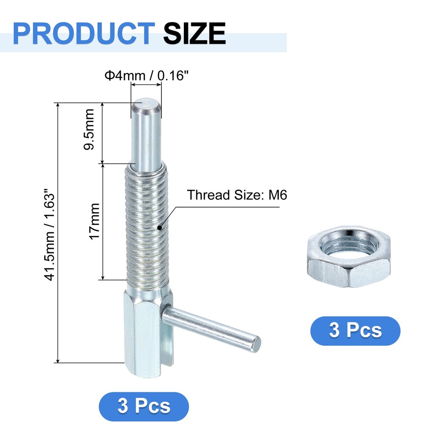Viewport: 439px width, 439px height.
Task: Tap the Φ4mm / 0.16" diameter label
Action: (x=146, y=75)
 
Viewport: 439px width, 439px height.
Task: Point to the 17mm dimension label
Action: (x=94, y=221)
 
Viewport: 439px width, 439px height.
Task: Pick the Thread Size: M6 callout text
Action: (x=236, y=195)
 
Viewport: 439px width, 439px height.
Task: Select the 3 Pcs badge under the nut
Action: (x=355, y=330)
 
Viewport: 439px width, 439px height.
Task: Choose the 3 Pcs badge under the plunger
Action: (x=144, y=406)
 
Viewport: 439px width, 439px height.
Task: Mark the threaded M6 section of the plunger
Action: (x=147, y=224)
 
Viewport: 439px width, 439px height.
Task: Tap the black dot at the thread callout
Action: (x=160, y=227)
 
